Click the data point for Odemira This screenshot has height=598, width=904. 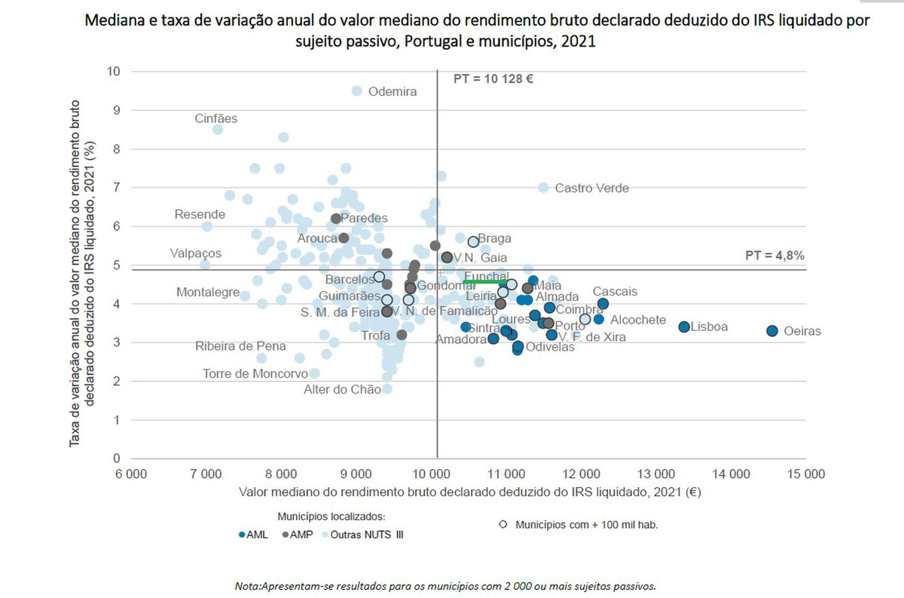[357, 90]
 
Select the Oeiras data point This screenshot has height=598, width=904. [772, 330]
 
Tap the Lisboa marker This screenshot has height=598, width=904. [684, 327]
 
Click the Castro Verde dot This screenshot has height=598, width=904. [543, 187]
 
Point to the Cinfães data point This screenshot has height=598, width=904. [218, 130]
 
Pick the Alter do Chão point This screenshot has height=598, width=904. [386, 389]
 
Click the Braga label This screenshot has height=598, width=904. [495, 238]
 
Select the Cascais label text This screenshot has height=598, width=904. [615, 291]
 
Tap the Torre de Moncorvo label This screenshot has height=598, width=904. [255, 373]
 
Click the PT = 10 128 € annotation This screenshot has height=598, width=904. [493, 78]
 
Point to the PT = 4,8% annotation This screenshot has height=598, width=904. [774, 256]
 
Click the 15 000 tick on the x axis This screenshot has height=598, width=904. [806, 474]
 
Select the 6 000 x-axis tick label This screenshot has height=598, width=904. [130, 474]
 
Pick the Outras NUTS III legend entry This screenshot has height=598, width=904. [365, 534]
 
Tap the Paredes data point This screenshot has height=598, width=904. [336, 218]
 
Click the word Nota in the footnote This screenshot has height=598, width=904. [246, 585]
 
